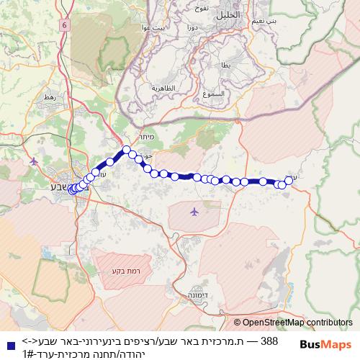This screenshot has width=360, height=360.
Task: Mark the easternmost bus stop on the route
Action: (289, 180)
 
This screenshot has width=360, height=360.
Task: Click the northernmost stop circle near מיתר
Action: (126, 150)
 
